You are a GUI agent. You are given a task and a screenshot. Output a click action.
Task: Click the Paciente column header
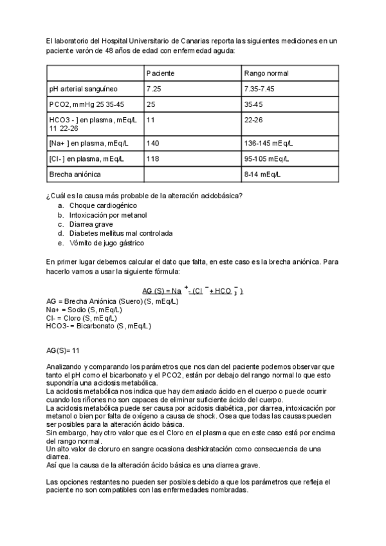pyautogui.click(x=160, y=73)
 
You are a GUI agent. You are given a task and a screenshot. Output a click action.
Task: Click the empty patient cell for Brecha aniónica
pyautogui.click(x=192, y=174)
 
